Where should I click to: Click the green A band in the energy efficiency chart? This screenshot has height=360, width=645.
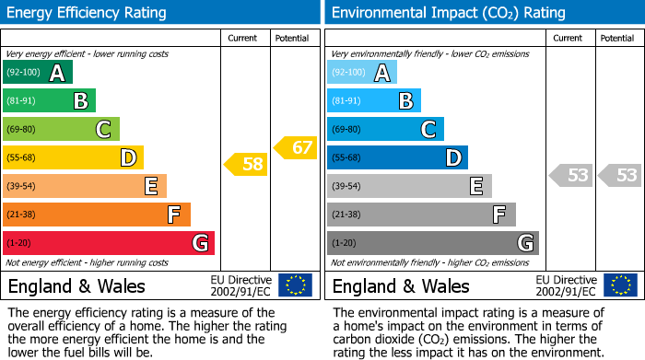38,73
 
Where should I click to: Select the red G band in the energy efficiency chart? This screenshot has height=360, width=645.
109,243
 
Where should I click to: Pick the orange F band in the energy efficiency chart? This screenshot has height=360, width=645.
97,215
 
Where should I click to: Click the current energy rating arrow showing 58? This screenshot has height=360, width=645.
246,165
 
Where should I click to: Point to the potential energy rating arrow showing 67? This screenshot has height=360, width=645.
296,147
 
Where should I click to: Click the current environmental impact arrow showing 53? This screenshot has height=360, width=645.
571,175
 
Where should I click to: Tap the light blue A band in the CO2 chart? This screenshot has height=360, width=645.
362,73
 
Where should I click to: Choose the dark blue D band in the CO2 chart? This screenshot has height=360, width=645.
397,157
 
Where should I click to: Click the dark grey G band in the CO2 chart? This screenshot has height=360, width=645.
432,243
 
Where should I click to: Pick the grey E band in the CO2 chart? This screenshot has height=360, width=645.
409,186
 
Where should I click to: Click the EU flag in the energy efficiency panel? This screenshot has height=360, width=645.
295,285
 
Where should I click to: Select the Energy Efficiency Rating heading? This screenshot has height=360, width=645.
88,13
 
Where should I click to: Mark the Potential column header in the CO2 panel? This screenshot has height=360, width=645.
617,39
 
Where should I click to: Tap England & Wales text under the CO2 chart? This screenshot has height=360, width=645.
401,286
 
